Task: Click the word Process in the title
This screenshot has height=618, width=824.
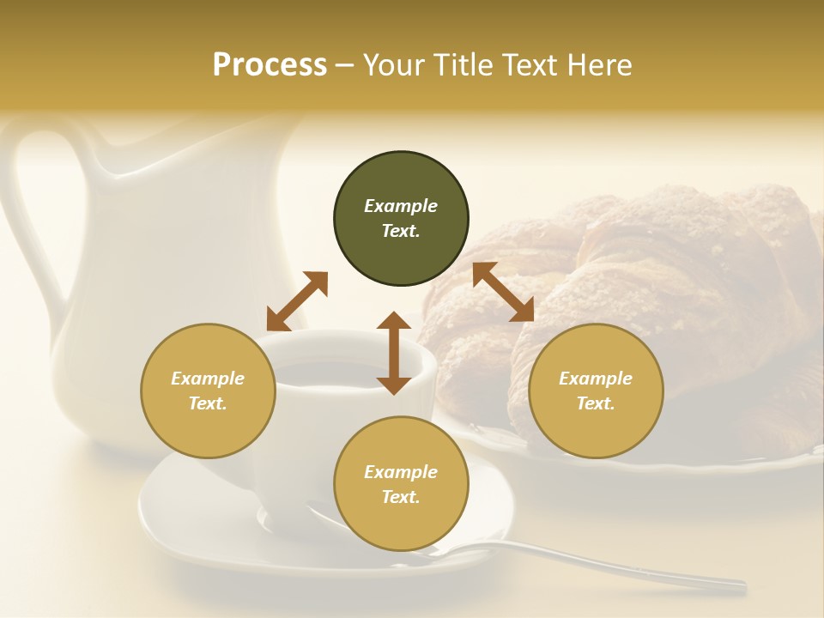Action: coord(270,65)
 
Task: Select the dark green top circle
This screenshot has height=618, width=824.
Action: coord(401,172)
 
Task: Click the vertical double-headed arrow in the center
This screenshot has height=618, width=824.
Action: coord(394,353)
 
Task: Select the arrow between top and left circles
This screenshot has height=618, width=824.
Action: coord(297,300)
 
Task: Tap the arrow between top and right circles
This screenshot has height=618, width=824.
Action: coord(503,292)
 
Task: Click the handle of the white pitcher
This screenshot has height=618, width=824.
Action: coord(26,215)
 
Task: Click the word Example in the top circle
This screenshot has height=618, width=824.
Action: coord(401,206)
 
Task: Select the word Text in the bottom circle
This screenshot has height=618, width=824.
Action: coord(401,497)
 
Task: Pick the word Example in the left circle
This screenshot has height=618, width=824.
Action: coord(208,379)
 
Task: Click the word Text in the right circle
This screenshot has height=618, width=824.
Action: coord(596,403)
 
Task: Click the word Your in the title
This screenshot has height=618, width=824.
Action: coord(391,65)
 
